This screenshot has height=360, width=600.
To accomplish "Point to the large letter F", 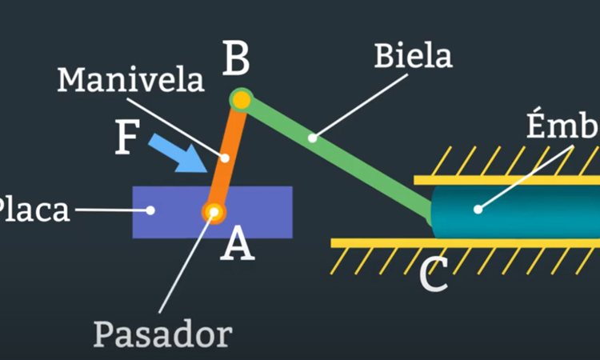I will coord(128,138).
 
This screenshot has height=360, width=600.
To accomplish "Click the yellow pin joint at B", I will coord(241,100).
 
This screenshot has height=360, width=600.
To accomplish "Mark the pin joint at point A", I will coord(214,211).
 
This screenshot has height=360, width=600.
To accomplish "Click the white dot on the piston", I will coord(478,210).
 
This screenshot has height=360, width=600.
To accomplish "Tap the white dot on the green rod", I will coord(313,138).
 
